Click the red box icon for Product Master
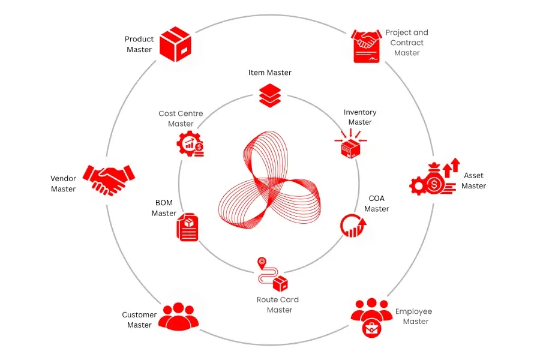[x=175, y=44]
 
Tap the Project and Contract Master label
[x=407, y=43]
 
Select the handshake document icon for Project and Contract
[x=366, y=46]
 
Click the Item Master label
[x=269, y=73]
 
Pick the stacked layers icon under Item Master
[x=270, y=95]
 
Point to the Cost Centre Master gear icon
[x=190, y=144]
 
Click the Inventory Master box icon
[x=350, y=144]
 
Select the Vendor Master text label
[x=64, y=184]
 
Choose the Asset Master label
[x=473, y=181]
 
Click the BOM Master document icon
[x=187, y=227]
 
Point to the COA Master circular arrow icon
[x=353, y=226]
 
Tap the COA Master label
[x=376, y=203]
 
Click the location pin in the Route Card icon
[x=262, y=263]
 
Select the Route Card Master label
[x=278, y=305]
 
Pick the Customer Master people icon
[x=178, y=316]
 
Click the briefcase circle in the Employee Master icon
[x=371, y=328]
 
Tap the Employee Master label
[x=413, y=316]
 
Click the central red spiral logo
[x=269, y=179]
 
